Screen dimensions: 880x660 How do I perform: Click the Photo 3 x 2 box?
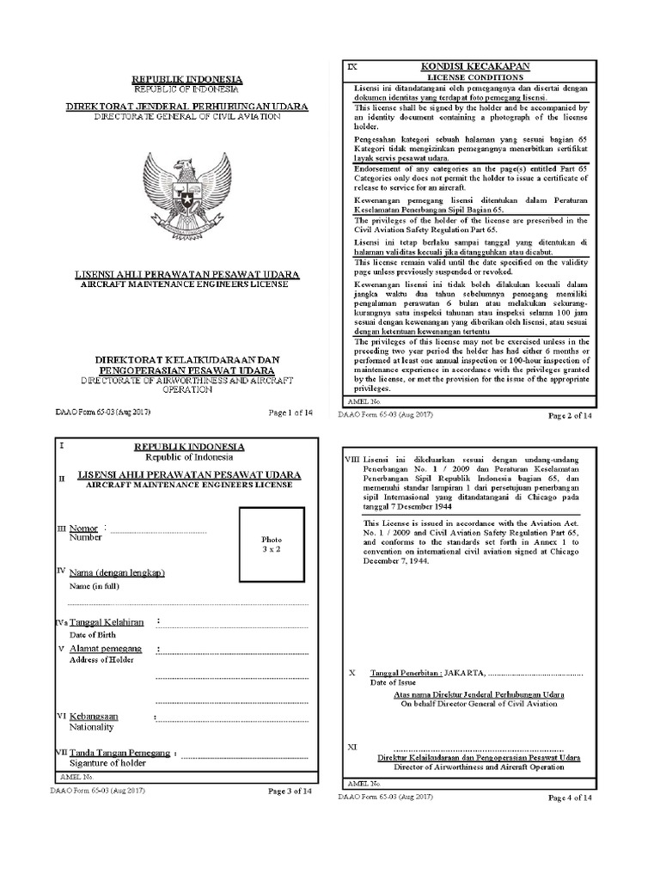click(272, 544)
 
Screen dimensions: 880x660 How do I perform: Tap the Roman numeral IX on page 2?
click(351, 66)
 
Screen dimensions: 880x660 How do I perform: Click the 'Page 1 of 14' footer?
click(290, 412)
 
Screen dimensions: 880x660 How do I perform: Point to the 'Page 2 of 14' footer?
click(571, 416)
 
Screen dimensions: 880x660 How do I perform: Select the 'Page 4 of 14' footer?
click(571, 797)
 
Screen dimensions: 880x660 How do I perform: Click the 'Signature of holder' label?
click(107, 762)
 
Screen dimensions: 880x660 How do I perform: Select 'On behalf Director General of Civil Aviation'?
click(479, 703)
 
